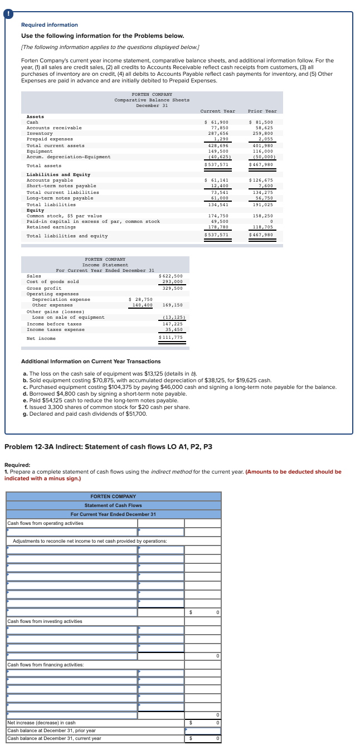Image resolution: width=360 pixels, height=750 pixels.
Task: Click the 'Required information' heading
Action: pyautogui.click(x=49, y=25)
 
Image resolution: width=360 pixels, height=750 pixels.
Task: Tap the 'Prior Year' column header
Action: pyautogui.click(x=262, y=111)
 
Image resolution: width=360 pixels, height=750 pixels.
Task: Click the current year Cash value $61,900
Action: pyautogui.click(x=217, y=122)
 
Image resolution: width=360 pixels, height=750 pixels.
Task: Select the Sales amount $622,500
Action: pyautogui.click(x=171, y=276)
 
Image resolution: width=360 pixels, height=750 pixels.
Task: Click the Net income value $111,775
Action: pyautogui.click(x=171, y=338)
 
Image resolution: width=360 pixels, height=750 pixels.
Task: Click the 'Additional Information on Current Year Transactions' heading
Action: pyautogui.click(x=90, y=362)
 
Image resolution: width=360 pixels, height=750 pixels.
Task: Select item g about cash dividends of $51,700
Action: pyautogui.click(x=85, y=413)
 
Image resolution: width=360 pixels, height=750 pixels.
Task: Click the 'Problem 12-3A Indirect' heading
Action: pyautogui.click(x=108, y=446)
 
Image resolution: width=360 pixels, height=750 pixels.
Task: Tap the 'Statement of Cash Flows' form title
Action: pyautogui.click(x=113, y=505)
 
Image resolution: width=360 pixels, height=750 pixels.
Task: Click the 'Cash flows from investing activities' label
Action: pyautogui.click(x=45, y=621)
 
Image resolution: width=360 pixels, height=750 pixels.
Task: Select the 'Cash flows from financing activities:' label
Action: pyautogui.click(x=46, y=665)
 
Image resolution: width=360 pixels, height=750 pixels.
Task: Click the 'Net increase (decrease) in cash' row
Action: pyautogui.click(x=41, y=723)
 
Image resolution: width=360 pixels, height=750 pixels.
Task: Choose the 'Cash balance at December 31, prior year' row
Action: pyautogui.click(x=51, y=730)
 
